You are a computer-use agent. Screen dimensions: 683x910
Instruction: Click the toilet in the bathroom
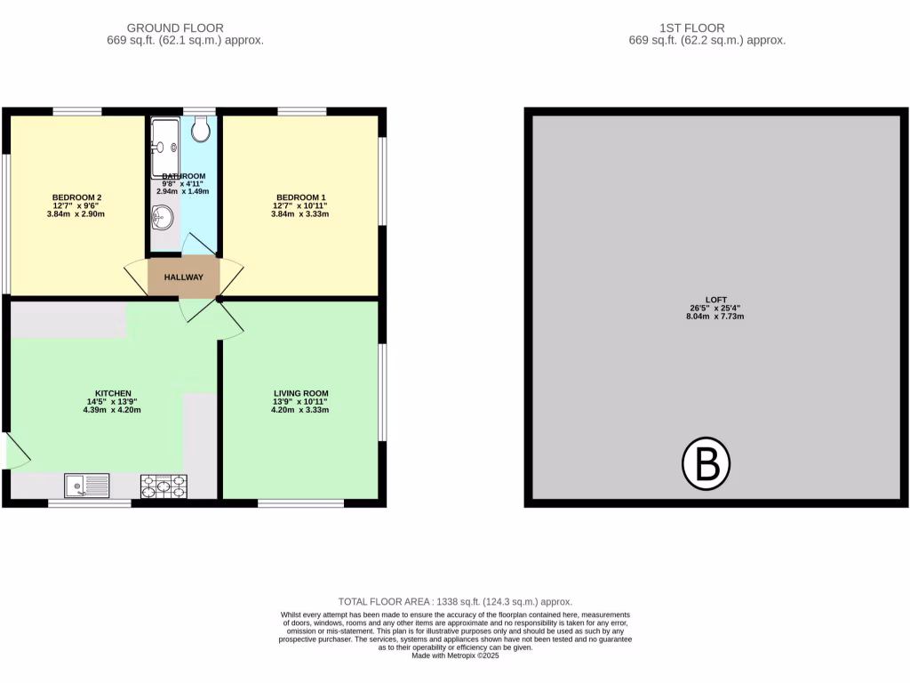[x=201, y=131]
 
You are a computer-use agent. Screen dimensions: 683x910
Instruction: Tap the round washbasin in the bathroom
[x=162, y=216]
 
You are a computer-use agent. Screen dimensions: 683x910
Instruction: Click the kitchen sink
[x=87, y=486]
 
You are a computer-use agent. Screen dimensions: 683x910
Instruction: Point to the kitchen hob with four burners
[x=164, y=486]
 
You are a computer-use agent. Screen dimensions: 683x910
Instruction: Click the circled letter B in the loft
[x=706, y=464]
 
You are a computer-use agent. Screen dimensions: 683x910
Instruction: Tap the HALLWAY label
[x=183, y=277]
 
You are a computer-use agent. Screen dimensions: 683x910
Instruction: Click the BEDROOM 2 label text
[x=76, y=197]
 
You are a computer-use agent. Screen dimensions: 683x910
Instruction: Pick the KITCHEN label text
[x=114, y=393]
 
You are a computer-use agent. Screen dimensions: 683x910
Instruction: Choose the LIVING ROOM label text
[x=300, y=393]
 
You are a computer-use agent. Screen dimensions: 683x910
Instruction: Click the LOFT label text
[x=706, y=299]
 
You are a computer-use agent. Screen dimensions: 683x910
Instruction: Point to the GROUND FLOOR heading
[x=175, y=28]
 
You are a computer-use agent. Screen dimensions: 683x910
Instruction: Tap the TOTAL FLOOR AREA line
[x=455, y=602]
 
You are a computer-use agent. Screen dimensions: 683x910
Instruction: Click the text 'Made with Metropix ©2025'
[x=455, y=656]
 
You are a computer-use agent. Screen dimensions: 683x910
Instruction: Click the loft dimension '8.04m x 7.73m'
[x=706, y=317]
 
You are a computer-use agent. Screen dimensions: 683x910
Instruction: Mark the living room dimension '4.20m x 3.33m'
[x=300, y=410]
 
